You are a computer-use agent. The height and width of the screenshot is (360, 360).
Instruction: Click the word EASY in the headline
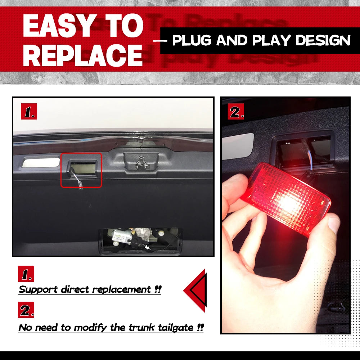[x=60, y=26]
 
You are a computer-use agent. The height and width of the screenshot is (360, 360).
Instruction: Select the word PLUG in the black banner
[x=192, y=40]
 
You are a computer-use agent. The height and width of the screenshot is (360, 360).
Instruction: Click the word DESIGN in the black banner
[x=323, y=40]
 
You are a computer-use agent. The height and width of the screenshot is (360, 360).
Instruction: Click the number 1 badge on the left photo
[x=29, y=111]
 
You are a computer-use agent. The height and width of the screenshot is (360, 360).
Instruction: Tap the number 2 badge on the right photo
[x=236, y=111]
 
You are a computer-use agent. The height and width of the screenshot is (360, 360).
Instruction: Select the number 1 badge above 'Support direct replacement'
[x=26, y=274]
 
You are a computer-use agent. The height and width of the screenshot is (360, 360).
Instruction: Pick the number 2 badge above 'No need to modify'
[x=26, y=310]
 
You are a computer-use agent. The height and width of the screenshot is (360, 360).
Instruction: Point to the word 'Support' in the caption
[x=38, y=289]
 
